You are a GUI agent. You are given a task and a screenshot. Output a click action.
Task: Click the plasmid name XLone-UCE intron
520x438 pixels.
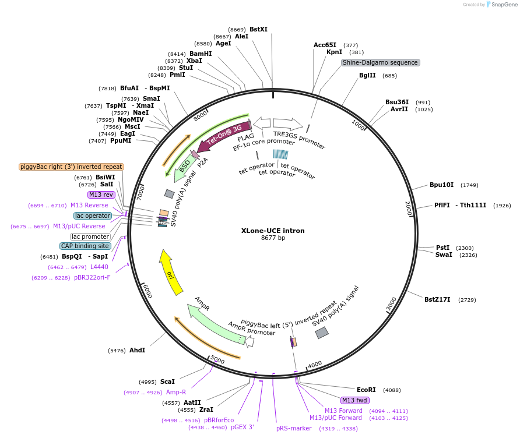click(273, 231)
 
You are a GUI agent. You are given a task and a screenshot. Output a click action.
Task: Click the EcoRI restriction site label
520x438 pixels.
click(366, 390)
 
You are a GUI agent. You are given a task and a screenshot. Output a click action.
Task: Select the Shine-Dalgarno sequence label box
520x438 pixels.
click(380, 62)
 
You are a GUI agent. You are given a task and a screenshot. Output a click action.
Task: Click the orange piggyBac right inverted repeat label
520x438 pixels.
click(71, 167)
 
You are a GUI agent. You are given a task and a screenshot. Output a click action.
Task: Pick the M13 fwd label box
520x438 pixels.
click(355, 400)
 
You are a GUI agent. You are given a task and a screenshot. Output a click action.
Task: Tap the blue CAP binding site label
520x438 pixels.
click(85, 246)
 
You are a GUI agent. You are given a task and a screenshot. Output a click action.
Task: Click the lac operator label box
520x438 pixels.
click(93, 216)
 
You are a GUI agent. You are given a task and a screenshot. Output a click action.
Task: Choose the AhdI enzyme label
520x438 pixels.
click(137, 350)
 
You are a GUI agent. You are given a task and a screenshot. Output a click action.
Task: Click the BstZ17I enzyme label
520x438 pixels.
click(437, 299)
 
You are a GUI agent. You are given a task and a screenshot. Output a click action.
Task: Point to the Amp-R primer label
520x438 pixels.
click(176, 392)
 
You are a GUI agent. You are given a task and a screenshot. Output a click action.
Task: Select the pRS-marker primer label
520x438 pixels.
click(294, 428)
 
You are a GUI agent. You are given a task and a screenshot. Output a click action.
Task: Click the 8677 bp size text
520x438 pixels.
click(273, 238)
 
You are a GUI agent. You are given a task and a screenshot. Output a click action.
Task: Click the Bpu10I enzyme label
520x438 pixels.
click(441, 185)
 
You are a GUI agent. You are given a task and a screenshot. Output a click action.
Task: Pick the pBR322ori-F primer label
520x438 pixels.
click(92, 278)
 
